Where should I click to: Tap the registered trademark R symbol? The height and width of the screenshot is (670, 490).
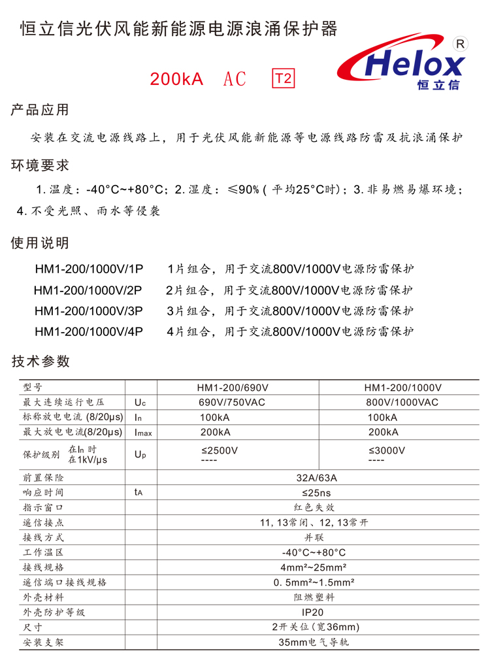[x=460, y=44]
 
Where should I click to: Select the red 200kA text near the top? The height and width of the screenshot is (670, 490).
[x=176, y=80]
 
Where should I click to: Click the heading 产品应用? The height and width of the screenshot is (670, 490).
[x=40, y=110]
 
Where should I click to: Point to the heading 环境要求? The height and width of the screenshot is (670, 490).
[x=40, y=166]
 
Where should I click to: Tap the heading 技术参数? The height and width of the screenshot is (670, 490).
[x=40, y=361]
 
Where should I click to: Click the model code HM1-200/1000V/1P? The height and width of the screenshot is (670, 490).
[x=88, y=269]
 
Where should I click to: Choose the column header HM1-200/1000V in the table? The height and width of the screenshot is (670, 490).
[x=402, y=388]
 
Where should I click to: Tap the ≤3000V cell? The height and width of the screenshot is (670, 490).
[x=387, y=450]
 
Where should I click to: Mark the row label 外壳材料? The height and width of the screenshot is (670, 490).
[x=43, y=597]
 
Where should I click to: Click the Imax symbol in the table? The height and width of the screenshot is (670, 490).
[x=143, y=432]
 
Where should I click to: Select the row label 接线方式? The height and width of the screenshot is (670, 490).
[x=43, y=537]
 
